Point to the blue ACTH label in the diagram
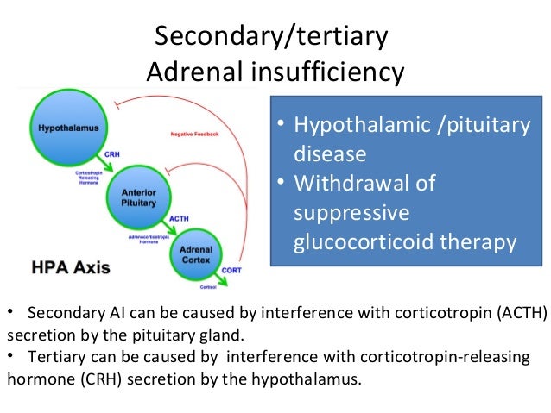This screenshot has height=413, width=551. pos(180,218)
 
